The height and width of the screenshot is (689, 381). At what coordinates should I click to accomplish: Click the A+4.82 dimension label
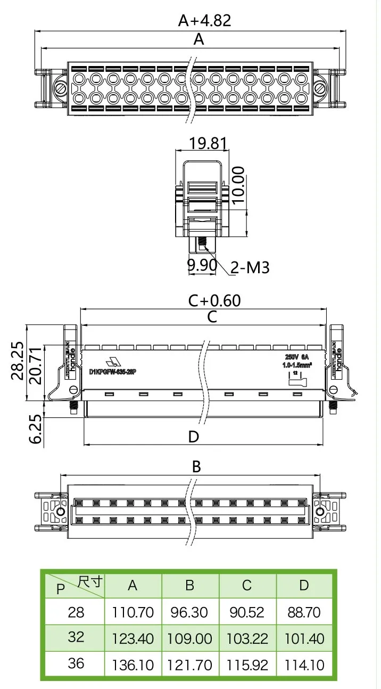[x=204, y=21]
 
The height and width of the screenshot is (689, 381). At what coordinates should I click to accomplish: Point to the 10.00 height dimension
[x=238, y=185]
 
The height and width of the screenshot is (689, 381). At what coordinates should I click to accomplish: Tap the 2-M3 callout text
[x=250, y=267]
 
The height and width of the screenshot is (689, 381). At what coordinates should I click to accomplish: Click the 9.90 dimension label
[x=201, y=265]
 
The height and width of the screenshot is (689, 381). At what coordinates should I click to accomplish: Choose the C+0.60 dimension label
[x=214, y=301]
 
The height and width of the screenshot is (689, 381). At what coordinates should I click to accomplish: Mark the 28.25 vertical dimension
[x=18, y=360]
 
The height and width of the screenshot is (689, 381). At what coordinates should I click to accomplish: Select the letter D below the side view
[x=194, y=437]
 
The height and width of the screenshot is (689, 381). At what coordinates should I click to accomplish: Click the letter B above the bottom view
[x=196, y=467]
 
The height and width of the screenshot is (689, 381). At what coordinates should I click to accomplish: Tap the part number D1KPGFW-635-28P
[x=113, y=371]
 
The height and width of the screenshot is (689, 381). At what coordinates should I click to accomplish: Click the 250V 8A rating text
[x=297, y=357]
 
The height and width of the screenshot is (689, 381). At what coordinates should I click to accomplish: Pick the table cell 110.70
[x=132, y=612]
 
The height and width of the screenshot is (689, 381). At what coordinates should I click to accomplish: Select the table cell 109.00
[x=189, y=638]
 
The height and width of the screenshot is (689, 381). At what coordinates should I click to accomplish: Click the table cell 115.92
[x=246, y=665]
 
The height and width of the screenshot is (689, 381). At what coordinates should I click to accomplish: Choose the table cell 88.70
[x=304, y=612]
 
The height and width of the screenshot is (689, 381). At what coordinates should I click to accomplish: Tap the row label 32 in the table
[x=76, y=637]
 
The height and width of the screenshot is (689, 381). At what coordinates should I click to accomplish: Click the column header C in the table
[x=246, y=586]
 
